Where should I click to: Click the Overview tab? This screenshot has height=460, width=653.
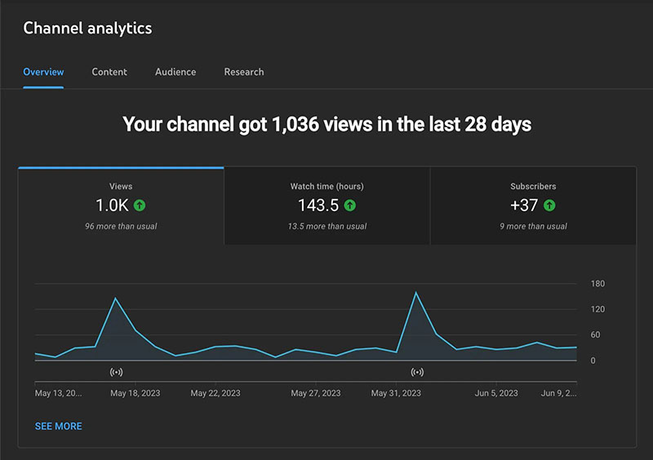(x=43, y=72)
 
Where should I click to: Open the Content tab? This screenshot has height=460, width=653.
(x=109, y=72)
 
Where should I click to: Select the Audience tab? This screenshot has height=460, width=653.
(x=175, y=72)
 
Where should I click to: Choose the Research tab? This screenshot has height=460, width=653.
(x=244, y=72)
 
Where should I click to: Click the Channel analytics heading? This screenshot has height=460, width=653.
(x=87, y=28)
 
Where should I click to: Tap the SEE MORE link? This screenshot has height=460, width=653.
(x=58, y=426)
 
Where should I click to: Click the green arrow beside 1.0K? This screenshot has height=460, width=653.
(x=140, y=206)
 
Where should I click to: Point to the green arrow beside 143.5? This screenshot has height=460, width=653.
(x=350, y=206)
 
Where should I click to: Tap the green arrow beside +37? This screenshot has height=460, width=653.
(x=549, y=206)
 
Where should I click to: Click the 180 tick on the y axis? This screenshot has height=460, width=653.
(x=597, y=284)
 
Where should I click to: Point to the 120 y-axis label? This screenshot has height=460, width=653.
(x=597, y=309)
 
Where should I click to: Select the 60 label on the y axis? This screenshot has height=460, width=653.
(x=595, y=335)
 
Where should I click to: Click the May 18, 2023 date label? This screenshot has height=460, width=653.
(x=135, y=393)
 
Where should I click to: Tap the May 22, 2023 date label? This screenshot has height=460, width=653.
(x=215, y=393)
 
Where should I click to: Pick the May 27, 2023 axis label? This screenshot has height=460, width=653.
(x=316, y=393)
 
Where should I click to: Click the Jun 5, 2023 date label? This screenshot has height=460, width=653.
(x=496, y=393)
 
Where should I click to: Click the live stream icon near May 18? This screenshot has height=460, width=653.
(x=116, y=372)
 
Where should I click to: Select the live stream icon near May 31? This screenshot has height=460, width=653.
(x=417, y=372)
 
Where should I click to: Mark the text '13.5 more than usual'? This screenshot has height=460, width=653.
(x=326, y=226)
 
